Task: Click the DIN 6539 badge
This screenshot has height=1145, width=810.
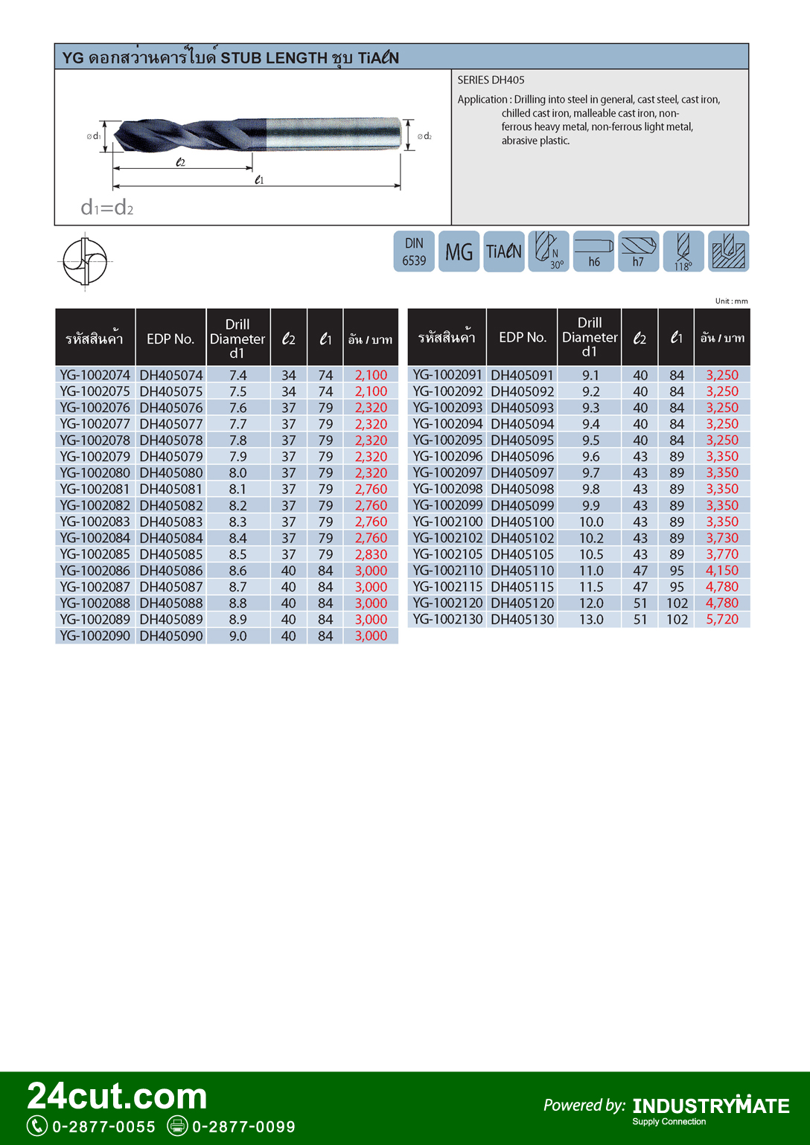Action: coord(414,251)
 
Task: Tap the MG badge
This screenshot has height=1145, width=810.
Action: coord(459,251)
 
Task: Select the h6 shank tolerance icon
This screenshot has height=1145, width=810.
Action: coord(593,251)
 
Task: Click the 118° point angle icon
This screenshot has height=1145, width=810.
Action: coord(683,251)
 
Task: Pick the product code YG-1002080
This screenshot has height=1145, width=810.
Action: coord(95,473)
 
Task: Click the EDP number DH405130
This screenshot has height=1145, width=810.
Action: coord(523,620)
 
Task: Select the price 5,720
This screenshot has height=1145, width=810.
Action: coord(722,620)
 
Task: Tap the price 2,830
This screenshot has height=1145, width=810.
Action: coord(371,554)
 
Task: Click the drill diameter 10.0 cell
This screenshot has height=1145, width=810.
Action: coord(591,522)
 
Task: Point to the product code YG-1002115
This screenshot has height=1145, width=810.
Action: coord(447,587)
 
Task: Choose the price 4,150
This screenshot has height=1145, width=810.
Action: coord(722,571)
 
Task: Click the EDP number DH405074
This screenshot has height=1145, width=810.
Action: coord(171,376)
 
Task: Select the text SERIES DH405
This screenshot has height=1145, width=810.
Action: coord(491,80)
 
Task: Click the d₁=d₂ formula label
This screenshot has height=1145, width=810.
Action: coord(107,208)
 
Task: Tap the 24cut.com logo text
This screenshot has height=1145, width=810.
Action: coord(118,1096)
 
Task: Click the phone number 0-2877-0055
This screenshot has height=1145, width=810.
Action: coord(103,1126)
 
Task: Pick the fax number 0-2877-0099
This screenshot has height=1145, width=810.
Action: coord(243,1126)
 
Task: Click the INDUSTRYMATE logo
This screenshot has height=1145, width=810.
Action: coord(711,1106)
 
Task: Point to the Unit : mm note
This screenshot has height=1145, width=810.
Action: coord(731,301)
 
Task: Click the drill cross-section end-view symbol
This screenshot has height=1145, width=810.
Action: coord(85,261)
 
